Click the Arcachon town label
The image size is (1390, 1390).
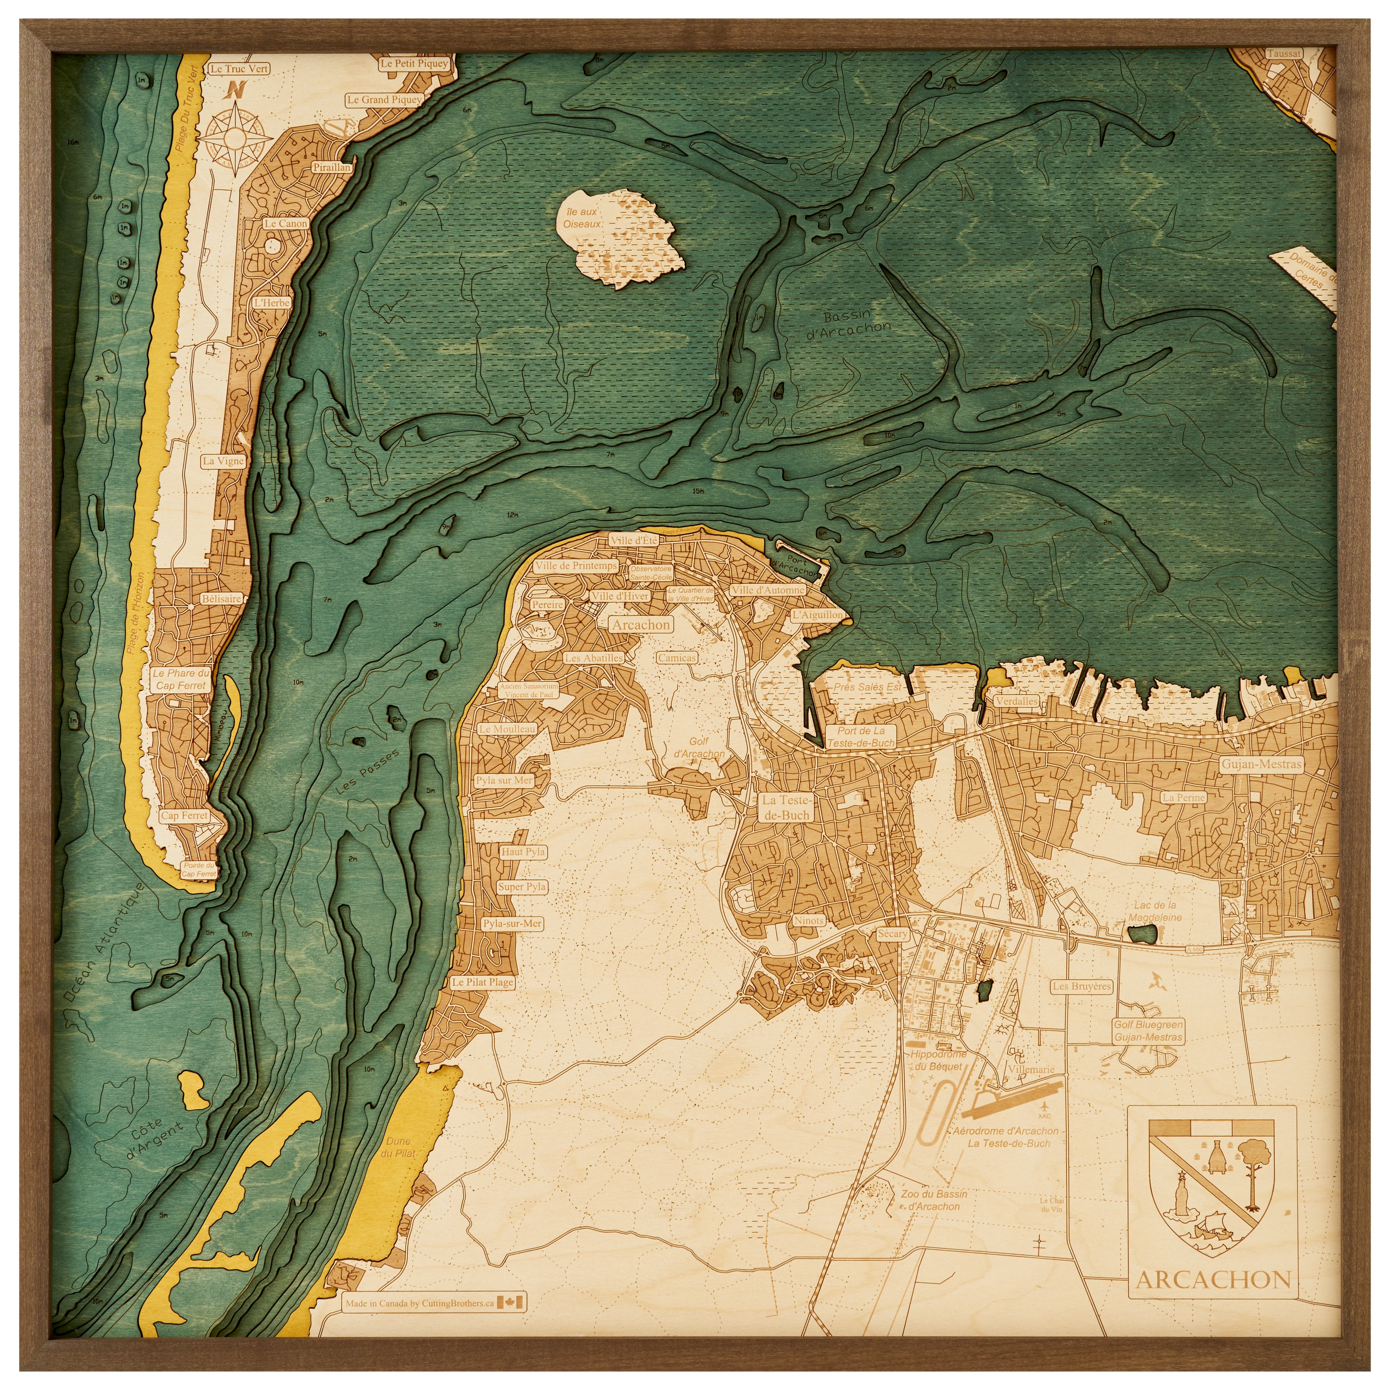point(641,624)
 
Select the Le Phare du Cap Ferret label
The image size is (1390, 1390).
point(181,679)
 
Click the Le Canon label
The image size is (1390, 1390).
point(286,224)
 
